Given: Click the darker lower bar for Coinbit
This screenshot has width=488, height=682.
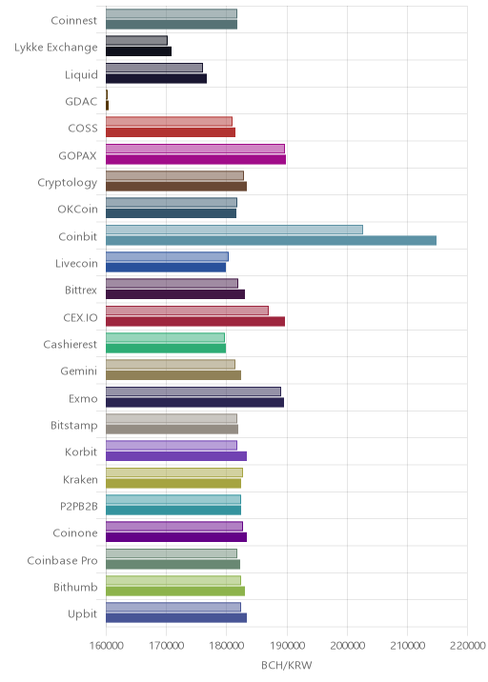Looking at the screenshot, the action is (x=271, y=241).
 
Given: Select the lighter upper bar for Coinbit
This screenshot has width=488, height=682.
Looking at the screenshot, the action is (x=234, y=230).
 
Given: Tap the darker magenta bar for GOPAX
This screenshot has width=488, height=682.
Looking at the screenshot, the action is (x=196, y=160).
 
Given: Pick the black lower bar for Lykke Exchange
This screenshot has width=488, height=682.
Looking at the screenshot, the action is (x=138, y=51).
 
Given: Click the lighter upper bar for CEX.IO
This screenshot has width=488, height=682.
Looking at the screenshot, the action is (x=187, y=311).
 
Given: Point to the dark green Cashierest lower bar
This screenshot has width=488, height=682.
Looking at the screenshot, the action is (x=166, y=349).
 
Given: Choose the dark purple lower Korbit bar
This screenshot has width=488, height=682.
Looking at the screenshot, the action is (x=176, y=456).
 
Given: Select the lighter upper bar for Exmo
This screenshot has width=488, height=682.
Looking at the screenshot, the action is (x=193, y=391).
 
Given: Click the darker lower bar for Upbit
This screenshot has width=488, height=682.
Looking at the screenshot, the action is (x=176, y=617).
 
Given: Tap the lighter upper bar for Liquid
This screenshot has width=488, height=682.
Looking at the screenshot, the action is (x=154, y=68).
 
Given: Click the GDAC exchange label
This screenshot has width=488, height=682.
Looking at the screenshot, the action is (x=81, y=101).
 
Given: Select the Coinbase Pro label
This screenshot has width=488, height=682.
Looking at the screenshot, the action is (x=62, y=560).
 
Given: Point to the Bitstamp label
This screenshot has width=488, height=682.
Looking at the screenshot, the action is (x=74, y=426).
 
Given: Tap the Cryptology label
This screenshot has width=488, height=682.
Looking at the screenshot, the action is (x=68, y=183).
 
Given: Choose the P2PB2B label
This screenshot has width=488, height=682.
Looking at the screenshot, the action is (x=79, y=507).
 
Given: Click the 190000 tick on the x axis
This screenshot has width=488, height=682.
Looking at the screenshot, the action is (x=287, y=645).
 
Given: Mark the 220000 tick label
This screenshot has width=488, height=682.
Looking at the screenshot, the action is (x=468, y=645).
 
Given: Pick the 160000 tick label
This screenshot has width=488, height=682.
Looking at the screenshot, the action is (x=106, y=645).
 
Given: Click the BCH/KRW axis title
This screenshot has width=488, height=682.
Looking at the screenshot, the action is (x=287, y=665).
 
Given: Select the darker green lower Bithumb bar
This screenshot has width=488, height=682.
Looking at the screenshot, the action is (x=175, y=592).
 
